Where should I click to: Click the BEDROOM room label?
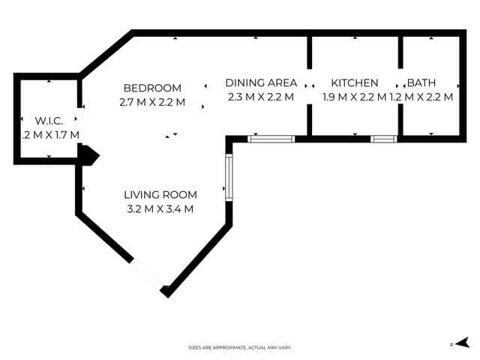coord(153,87)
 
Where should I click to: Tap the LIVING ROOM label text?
coord(160,195)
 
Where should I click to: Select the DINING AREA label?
coord(261,82)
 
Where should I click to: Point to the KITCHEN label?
coord(355,82)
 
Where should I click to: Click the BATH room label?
coord(421,82)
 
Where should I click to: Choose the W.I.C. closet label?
coord(48,121)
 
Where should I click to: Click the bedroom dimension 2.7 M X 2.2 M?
coord(152,101)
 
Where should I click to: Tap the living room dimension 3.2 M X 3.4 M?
coord(160,208)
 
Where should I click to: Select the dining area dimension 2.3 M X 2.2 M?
coord(260,97)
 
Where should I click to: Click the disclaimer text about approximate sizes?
coord(239,347)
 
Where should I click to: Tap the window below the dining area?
coord(271,138)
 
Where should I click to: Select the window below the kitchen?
coord(383,138)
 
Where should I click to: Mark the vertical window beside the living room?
coord(228,178)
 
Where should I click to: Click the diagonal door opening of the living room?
coord(149,274)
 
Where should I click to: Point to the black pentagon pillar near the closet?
coord(89,155)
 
